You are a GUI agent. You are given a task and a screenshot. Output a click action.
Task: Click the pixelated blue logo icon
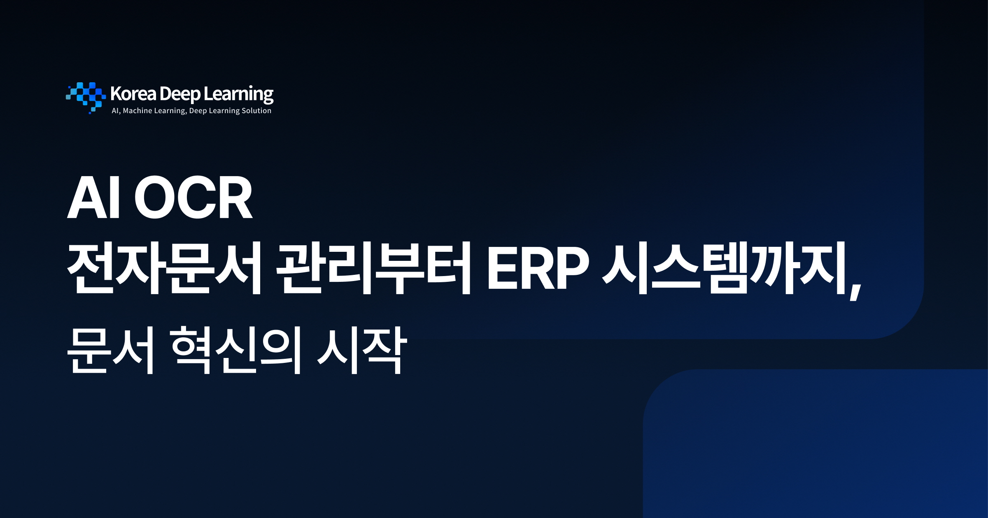coord(86,97)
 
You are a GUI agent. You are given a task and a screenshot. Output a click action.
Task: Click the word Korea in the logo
coord(133,94)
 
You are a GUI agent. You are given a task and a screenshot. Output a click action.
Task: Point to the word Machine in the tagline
coord(137,111)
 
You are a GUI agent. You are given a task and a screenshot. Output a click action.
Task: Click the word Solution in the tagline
coord(256,111)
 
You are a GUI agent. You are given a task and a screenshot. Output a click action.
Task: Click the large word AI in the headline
coord(94,197)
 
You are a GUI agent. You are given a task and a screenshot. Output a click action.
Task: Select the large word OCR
coord(193,197)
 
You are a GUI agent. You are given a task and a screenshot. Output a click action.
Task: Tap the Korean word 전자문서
coord(165,268)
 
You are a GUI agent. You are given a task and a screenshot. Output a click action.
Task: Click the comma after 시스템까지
coord(855,290)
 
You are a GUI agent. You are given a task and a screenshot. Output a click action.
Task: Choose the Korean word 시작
coord(362,350)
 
